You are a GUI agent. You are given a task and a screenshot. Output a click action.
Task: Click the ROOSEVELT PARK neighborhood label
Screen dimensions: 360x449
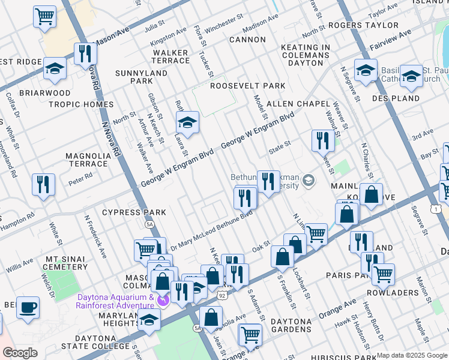point(247,86)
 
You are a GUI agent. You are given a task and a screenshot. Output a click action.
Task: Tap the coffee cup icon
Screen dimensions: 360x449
point(28,308)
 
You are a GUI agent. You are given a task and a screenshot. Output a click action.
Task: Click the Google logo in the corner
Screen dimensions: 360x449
point(20,353)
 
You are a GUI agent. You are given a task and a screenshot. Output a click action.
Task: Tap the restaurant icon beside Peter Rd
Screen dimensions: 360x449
point(43,185)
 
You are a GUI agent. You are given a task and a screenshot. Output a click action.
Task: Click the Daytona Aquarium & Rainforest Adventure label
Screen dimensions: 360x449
point(115,301)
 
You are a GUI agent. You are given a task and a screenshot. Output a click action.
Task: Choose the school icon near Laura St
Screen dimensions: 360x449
point(188,124)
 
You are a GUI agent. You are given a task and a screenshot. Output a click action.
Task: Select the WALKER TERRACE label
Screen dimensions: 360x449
point(171,57)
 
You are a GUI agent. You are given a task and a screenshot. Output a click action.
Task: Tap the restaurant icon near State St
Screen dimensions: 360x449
point(324,142)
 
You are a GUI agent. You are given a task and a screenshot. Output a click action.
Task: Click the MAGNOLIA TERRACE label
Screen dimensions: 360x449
point(88,160)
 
